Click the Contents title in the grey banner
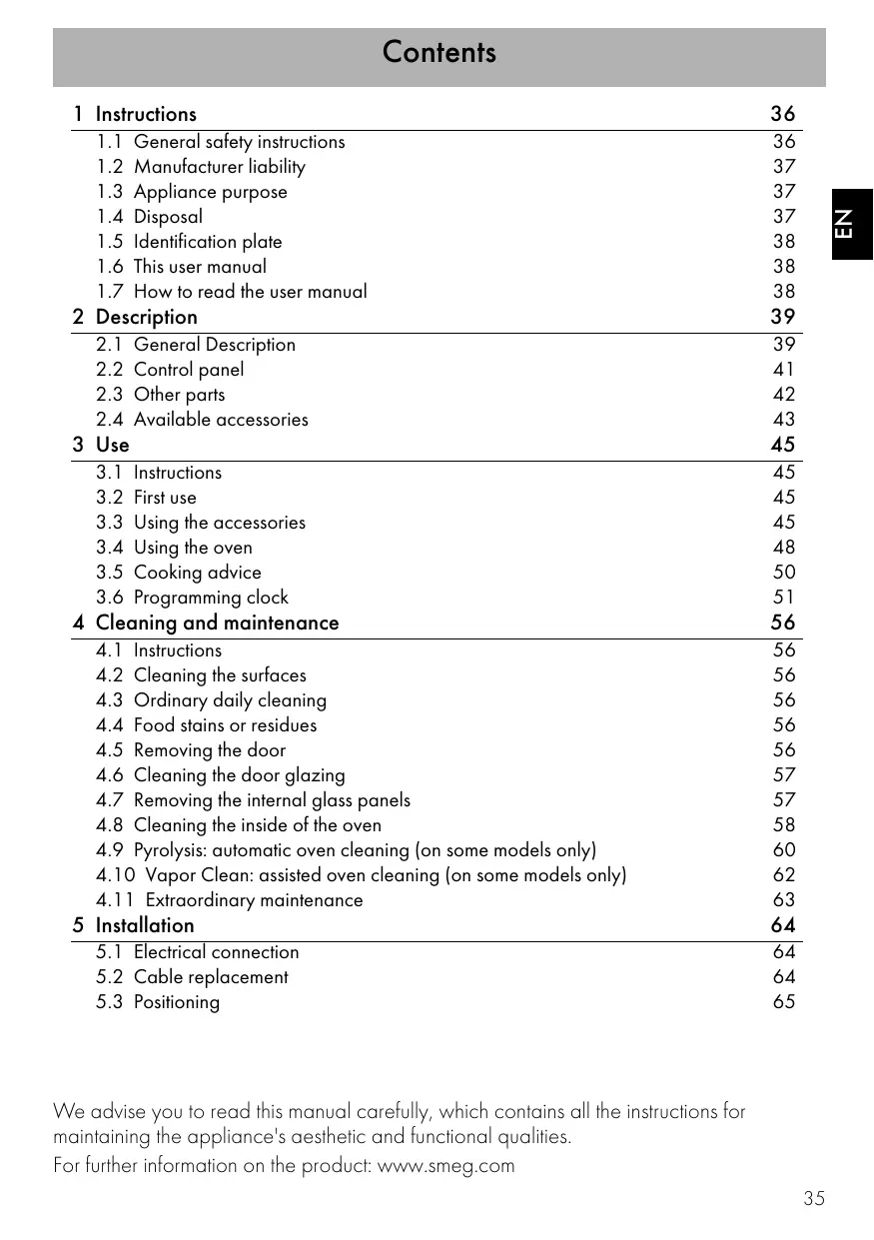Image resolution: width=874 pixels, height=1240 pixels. [x=438, y=53]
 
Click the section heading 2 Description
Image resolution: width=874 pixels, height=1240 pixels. [x=135, y=318]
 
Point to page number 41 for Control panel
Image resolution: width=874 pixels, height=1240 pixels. [x=784, y=370]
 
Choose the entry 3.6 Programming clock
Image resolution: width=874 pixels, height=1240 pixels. [x=192, y=598]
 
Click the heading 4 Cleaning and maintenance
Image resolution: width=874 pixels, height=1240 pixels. [x=206, y=623]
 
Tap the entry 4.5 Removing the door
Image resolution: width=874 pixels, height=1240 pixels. [x=191, y=750]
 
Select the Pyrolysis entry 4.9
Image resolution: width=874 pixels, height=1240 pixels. [x=346, y=850]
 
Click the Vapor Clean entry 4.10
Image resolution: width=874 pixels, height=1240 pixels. [x=361, y=875]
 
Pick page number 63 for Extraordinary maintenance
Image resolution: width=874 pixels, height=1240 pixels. [x=784, y=900]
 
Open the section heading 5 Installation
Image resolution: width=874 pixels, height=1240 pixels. [x=134, y=926]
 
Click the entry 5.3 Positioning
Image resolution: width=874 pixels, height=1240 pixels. [x=158, y=1002]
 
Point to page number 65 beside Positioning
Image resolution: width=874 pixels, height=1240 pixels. [x=784, y=1002]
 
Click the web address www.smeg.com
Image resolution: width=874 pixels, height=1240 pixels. [x=445, y=1166]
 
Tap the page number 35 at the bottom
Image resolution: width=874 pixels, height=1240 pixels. [x=814, y=1199]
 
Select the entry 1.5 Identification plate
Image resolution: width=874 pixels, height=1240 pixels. [x=190, y=242]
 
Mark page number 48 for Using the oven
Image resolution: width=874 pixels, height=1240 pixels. [x=784, y=548]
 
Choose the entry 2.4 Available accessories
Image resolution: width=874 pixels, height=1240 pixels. [x=202, y=420]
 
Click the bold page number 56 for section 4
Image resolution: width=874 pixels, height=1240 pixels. [x=783, y=623]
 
